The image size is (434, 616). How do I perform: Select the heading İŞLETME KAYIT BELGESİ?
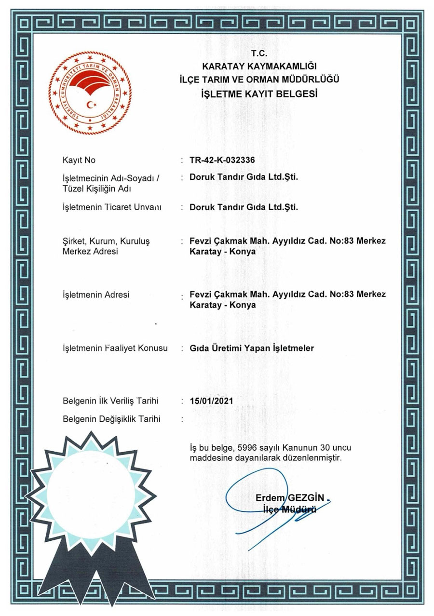[259, 94]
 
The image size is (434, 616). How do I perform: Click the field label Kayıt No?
[79, 160]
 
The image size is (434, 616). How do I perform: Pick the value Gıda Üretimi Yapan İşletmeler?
[252, 348]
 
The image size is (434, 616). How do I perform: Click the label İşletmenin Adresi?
[96, 295]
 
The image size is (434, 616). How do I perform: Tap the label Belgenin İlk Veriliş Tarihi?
[110, 401]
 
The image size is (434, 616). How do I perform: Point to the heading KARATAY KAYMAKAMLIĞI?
[259, 67]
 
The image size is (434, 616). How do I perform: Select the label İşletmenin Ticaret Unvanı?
[111, 208]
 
